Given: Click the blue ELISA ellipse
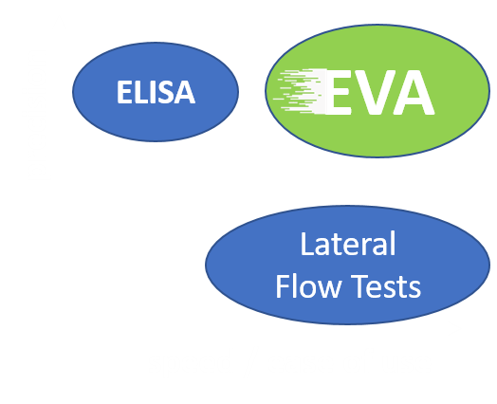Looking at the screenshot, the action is pos(156,92).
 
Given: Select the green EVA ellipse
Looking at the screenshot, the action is pos(377,91).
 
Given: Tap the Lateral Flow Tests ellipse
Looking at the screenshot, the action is pos(347,265).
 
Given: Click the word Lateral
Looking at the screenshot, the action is pos(348,244).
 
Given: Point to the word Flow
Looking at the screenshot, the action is pos(308,286).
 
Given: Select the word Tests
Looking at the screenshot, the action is pos(387,286).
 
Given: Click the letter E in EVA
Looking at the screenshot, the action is pos(338,92).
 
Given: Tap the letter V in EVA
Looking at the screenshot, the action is pos(374,92).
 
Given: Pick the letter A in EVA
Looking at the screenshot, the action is pos(413,92).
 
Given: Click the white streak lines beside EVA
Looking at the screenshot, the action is pos(300,91).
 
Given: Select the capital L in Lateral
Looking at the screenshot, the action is pos(307,244).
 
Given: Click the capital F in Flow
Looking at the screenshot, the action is pos(283,286).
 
